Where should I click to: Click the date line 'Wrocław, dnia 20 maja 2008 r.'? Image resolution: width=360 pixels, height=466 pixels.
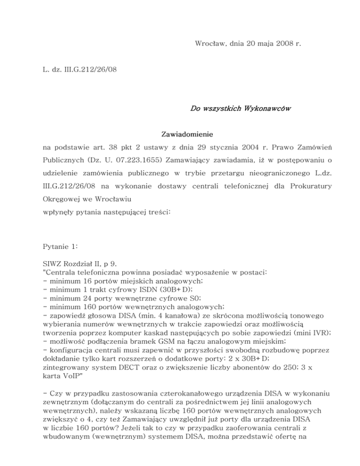pyautogui.click(x=247, y=44)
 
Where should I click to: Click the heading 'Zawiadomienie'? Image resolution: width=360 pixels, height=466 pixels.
pyautogui.click(x=180, y=134)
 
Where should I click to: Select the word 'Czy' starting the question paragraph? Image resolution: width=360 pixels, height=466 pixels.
pyautogui.click(x=56, y=385)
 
